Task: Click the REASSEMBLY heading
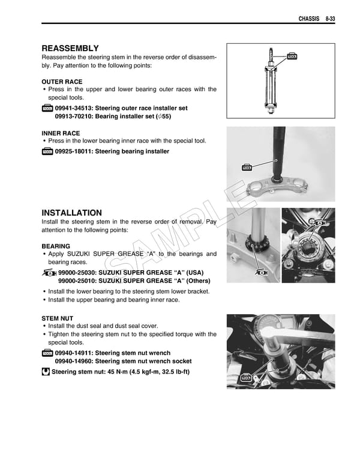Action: (70, 48)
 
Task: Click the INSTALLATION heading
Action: (71, 213)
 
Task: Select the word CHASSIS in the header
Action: (310, 19)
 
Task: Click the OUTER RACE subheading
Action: (62, 81)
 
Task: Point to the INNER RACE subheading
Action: (61, 133)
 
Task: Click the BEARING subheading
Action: (56, 246)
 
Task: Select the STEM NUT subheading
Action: (58, 318)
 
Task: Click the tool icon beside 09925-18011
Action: (47, 152)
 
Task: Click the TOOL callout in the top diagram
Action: (292, 56)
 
